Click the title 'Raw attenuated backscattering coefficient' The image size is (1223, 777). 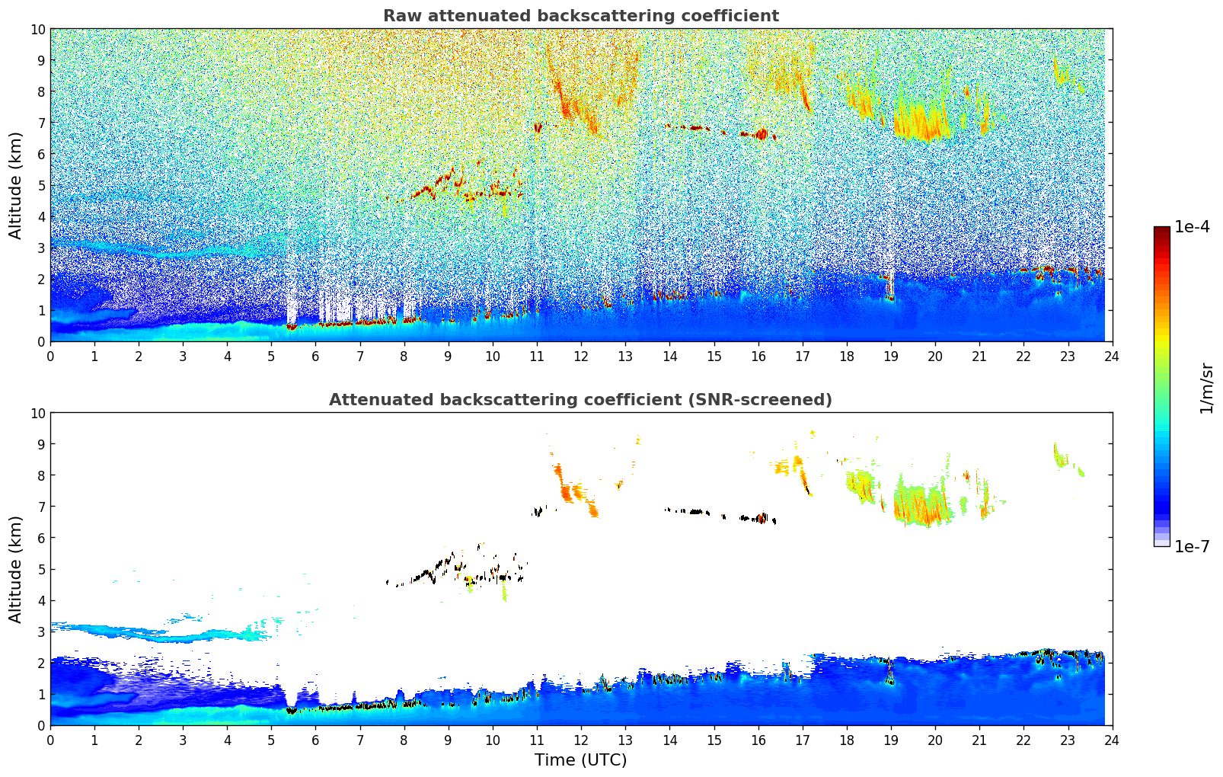click(580, 16)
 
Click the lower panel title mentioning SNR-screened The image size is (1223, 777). click(580, 400)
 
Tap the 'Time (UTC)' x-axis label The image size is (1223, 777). click(580, 760)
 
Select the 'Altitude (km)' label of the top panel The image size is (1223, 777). click(16, 185)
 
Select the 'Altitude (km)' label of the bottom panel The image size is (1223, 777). click(16, 569)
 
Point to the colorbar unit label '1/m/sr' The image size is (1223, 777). click(1206, 388)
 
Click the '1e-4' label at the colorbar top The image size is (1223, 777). click(1192, 227)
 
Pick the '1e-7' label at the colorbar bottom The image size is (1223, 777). click(1192, 546)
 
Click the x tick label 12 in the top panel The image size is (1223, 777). click(581, 356)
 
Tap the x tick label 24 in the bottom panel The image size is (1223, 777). click(1112, 740)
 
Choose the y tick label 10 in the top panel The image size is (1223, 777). click(37, 29)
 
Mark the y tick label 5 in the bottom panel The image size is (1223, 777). click(41, 569)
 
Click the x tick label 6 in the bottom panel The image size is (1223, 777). click(316, 740)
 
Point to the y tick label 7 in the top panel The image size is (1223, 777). click(41, 123)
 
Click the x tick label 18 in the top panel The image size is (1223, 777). click(847, 356)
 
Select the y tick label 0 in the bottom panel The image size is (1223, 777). click(41, 725)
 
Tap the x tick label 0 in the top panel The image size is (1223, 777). click(51, 356)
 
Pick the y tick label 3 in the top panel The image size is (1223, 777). click(41, 248)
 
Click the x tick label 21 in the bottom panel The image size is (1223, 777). click(979, 740)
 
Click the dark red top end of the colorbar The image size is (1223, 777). click(1161, 230)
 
